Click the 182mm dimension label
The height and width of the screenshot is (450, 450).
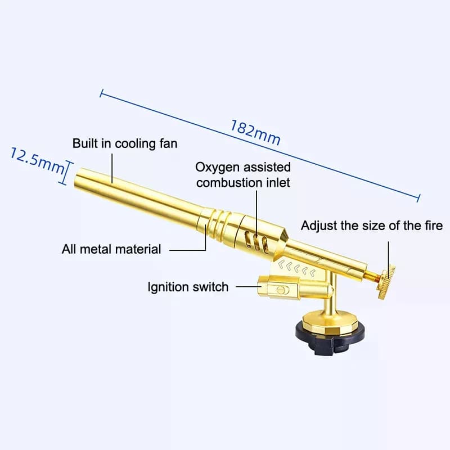tap(255, 133)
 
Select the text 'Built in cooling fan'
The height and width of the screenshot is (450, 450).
tap(125, 143)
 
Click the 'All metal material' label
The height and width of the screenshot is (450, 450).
tap(111, 249)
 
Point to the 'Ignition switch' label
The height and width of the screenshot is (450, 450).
tap(188, 287)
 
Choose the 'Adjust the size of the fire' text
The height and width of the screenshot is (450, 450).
tap(372, 226)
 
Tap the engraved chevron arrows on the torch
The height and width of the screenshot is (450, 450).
tap(297, 269)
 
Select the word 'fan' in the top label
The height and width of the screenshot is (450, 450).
tap(168, 143)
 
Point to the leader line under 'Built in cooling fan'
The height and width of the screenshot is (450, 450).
tap(112, 168)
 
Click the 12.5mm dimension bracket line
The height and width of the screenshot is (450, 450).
tap(66, 173)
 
